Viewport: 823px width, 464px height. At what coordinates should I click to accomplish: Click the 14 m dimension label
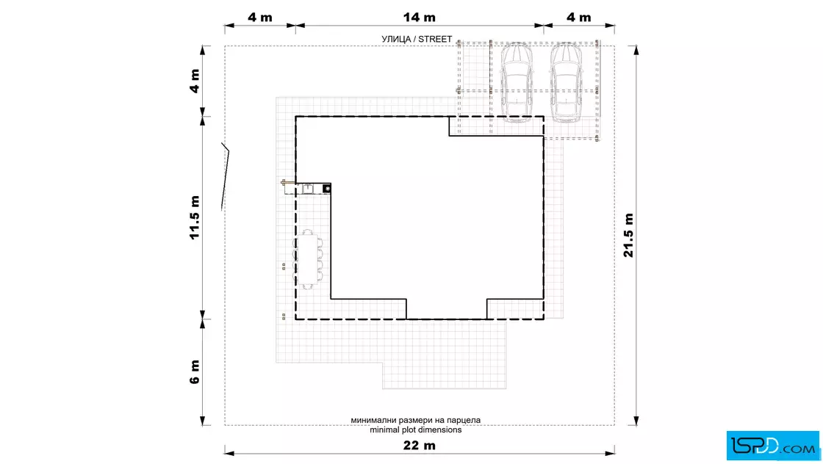click(x=419, y=18)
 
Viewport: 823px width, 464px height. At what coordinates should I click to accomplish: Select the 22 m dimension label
click(x=419, y=446)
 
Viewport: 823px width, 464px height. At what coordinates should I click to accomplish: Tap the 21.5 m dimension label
click(x=629, y=236)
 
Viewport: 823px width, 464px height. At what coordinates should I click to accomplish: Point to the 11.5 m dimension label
click(x=195, y=217)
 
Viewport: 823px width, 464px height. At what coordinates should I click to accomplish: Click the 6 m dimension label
click(x=195, y=371)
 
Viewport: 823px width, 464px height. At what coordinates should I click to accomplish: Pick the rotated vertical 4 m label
click(x=195, y=81)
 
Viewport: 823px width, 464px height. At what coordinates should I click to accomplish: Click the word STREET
click(x=435, y=40)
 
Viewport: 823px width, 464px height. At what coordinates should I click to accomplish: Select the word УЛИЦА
click(x=396, y=40)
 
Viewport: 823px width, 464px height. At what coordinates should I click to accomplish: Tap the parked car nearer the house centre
click(x=517, y=83)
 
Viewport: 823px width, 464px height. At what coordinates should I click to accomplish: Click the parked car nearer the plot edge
click(x=566, y=83)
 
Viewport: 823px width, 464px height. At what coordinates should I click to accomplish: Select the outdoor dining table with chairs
click(x=308, y=259)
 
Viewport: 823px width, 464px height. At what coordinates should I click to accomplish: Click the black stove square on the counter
click(x=326, y=188)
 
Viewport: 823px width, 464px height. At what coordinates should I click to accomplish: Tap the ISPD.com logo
click(x=772, y=446)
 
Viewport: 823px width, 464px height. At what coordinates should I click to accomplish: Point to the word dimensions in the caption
click(x=439, y=430)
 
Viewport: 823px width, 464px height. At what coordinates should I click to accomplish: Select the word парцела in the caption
click(x=464, y=421)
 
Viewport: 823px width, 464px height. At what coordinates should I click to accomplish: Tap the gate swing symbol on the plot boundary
click(x=225, y=177)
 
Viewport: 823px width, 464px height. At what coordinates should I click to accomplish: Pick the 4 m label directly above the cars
click(x=578, y=18)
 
